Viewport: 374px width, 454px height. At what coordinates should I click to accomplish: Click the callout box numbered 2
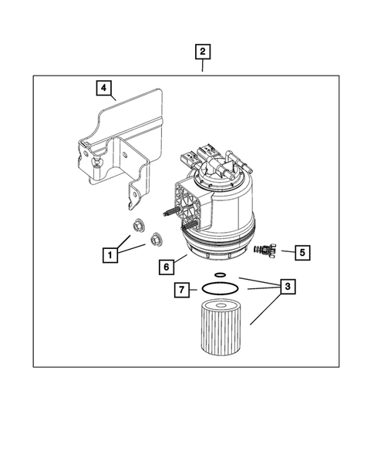tap(202, 52)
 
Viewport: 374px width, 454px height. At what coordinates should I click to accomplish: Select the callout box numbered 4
tap(103, 87)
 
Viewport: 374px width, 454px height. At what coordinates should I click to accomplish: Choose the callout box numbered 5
tap(302, 251)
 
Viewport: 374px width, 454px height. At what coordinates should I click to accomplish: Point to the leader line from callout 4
tap(113, 98)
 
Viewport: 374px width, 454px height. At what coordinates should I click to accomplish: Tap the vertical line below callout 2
tap(202, 67)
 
